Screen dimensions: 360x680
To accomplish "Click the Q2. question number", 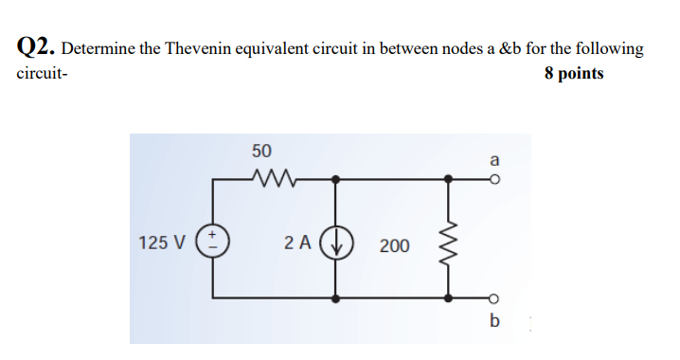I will click(x=37, y=47).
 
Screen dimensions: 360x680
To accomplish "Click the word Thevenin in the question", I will click(x=198, y=48).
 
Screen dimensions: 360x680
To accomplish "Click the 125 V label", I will click(x=161, y=243).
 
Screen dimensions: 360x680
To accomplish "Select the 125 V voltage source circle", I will click(x=212, y=241).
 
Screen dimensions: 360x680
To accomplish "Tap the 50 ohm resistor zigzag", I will click(x=276, y=177).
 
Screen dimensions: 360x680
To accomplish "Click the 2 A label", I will click(x=297, y=243).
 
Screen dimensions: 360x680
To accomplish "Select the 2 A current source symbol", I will click(x=337, y=241).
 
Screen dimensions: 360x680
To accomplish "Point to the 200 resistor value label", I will click(x=395, y=246).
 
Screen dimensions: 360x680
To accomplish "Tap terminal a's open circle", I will click(x=493, y=177).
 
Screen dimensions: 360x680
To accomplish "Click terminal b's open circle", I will click(x=493, y=297).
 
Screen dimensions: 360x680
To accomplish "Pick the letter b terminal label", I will click(x=493, y=319).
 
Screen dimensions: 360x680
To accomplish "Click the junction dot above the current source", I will click(x=337, y=177).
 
